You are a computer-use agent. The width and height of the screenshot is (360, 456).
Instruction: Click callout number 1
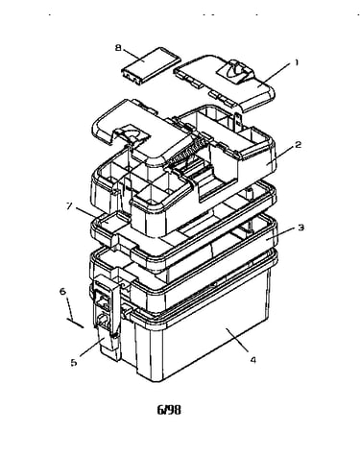(x=297, y=62)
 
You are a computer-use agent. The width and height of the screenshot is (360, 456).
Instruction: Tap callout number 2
(x=298, y=145)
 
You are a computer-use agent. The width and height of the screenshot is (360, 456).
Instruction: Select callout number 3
(x=300, y=228)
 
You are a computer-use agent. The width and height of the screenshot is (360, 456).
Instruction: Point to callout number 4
(x=253, y=360)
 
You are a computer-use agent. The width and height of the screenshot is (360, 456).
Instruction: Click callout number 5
(x=74, y=363)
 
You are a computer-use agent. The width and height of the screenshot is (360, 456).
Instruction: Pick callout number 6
(x=63, y=292)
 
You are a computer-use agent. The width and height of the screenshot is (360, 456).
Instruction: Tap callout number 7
(x=69, y=205)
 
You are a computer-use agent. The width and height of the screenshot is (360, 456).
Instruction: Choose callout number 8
(x=118, y=48)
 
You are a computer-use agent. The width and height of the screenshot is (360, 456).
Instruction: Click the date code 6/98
(x=169, y=410)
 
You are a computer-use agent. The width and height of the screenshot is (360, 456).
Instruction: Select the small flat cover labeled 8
(x=151, y=66)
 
